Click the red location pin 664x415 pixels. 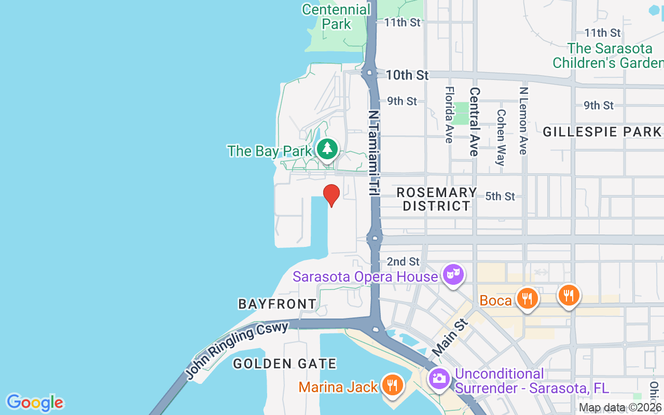click(x=331, y=195)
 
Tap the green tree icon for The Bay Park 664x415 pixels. click(x=327, y=148)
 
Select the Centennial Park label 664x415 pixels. click(x=337, y=17)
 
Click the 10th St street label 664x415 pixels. click(x=407, y=75)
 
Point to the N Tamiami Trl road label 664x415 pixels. click(x=373, y=153)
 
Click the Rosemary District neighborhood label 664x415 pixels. click(x=436, y=199)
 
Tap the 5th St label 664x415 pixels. click(x=500, y=197)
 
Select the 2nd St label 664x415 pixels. click(x=403, y=261)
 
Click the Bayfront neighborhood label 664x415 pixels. click(x=277, y=304)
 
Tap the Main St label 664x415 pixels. click(x=449, y=337)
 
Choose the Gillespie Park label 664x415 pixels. click(x=602, y=132)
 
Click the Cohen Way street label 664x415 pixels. click(x=501, y=137)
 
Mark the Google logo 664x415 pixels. click(x=35, y=403)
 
